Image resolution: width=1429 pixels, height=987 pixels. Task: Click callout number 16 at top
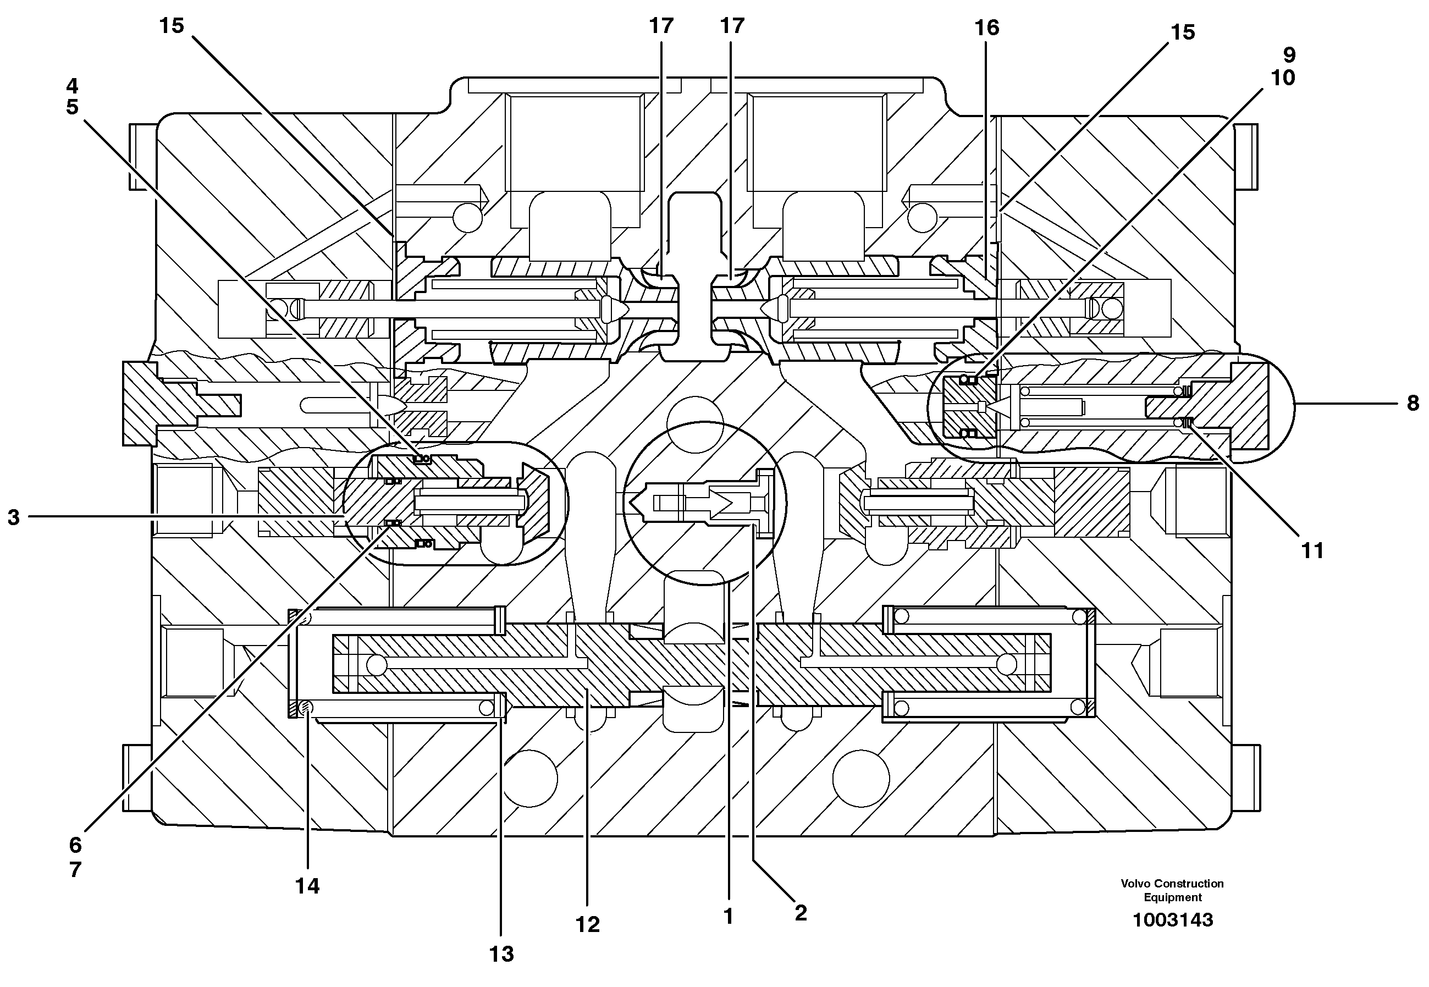pos(986,28)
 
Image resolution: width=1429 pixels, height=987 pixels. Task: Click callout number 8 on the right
pos(1413,404)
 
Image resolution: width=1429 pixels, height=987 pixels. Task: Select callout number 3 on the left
pos(14,517)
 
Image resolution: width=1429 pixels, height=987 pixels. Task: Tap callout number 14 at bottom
pos(307,886)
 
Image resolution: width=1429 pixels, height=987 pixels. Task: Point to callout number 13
pos(501,954)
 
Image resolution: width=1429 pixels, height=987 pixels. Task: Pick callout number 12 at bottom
pos(587,924)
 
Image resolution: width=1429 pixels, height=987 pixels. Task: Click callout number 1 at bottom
pos(728,917)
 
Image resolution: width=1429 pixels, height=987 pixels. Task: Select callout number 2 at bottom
pos(800,913)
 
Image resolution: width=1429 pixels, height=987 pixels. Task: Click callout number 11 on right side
pos(1312,550)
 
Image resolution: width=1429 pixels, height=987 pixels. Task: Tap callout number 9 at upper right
pos(1289,55)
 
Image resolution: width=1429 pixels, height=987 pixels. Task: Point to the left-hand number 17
pos(661,26)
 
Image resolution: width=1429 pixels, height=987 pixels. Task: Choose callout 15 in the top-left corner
pos(172,26)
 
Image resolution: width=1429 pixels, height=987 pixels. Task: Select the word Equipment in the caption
pos(1172,897)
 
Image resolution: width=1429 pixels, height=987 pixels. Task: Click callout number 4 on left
pos(73,85)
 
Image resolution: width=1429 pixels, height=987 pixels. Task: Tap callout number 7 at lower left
pos(75,870)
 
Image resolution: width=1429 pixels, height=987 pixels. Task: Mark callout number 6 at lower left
pos(75,845)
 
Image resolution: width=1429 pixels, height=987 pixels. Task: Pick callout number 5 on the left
pos(73,107)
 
